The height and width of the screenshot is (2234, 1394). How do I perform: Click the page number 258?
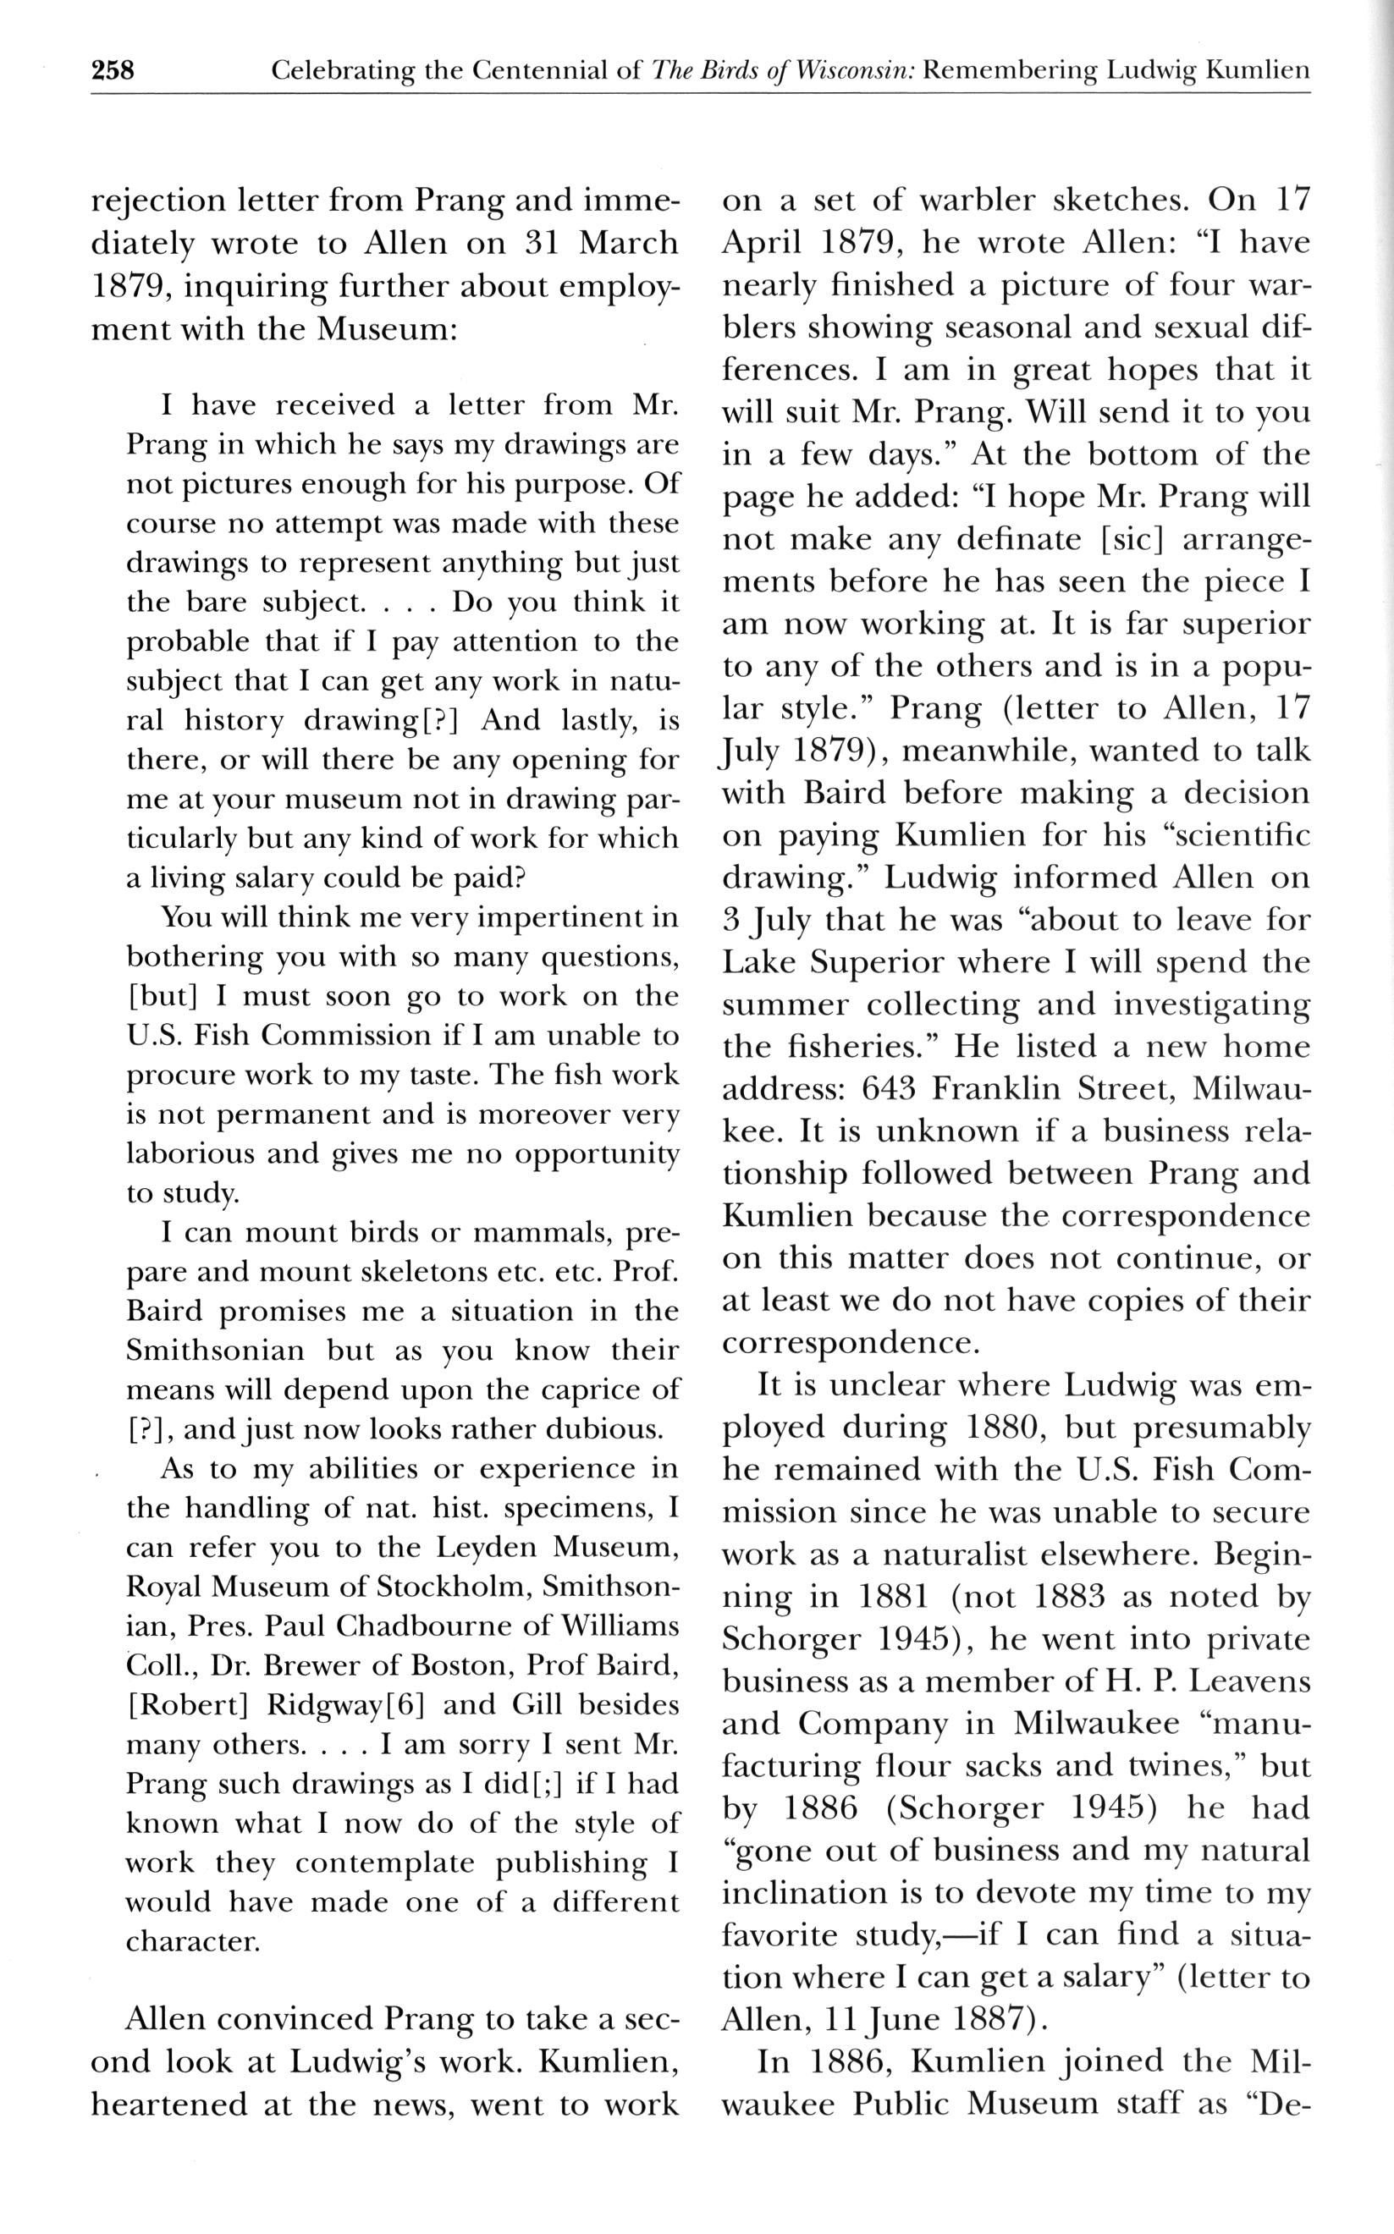click(113, 70)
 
